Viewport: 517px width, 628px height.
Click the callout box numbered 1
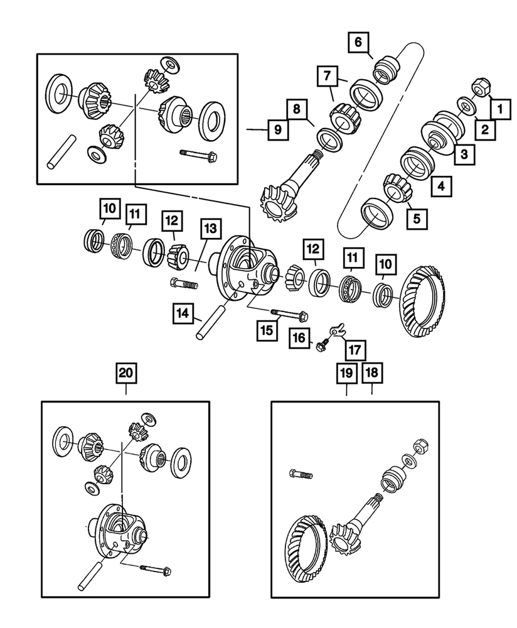[x=501, y=109]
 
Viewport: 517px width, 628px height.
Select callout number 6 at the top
[x=358, y=43]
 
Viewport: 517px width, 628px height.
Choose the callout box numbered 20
[x=125, y=373]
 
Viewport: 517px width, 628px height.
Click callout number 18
[x=371, y=373]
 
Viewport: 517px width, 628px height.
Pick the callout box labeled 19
[x=346, y=373]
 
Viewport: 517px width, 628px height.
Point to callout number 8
[x=297, y=108]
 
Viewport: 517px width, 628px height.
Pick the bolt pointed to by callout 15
[x=289, y=313]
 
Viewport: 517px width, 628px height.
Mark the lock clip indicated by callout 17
[x=339, y=327]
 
